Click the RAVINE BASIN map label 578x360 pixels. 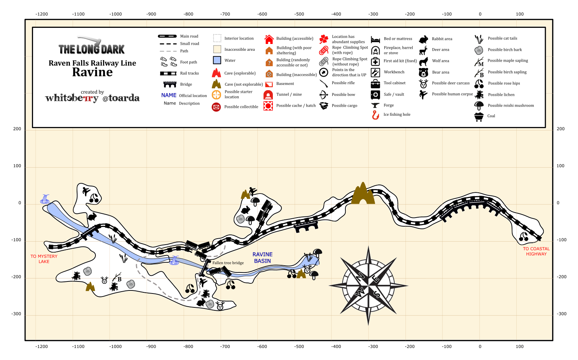(262, 257)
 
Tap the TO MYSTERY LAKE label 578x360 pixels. (44, 259)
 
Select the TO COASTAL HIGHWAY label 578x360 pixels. (536, 251)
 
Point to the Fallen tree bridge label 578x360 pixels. (228, 263)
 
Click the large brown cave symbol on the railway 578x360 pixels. (363, 194)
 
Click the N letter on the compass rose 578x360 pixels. (360, 277)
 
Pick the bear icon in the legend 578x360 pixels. (424, 73)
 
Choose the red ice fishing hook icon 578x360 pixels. (375, 115)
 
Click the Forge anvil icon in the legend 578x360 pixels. (375, 105)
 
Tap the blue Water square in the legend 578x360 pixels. (217, 60)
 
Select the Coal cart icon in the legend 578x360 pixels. (479, 116)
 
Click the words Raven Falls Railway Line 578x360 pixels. (92, 63)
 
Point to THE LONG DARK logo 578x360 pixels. (92, 46)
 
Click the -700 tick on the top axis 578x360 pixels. (225, 14)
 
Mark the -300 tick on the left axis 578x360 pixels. (17, 314)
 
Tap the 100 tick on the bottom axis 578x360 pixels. (520, 346)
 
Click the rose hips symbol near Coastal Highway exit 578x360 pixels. (524, 237)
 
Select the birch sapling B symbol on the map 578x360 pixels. (117, 277)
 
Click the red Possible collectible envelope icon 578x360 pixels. (216, 107)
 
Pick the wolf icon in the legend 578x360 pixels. (424, 61)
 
